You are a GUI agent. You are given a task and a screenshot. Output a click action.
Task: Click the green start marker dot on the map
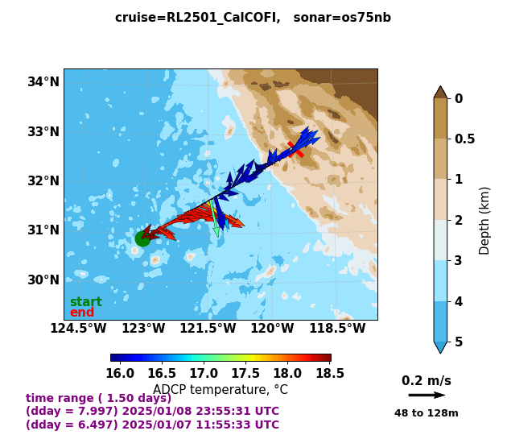coord(142,238)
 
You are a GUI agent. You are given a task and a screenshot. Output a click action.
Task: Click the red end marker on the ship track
coord(295,149)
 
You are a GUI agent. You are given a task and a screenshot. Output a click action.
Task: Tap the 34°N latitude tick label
coord(43,81)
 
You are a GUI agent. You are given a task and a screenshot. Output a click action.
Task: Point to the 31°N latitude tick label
coord(43,230)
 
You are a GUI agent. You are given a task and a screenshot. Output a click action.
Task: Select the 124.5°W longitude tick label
coord(79,329)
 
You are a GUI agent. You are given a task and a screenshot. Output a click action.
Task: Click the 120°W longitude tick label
coord(272,329)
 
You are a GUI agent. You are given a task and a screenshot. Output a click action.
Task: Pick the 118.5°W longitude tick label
coord(337,329)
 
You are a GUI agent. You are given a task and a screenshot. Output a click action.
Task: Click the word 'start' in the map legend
coord(85,302)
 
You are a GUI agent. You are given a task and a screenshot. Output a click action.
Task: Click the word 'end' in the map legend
coord(81,313)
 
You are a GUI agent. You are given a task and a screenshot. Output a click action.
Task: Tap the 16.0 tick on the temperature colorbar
coord(120,374)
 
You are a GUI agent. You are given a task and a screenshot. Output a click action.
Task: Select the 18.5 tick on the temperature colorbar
coord(330,374)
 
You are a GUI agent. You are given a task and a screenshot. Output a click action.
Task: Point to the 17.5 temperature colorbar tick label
coord(245,374)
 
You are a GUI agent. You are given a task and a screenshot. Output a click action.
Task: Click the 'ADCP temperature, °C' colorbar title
coord(220,390)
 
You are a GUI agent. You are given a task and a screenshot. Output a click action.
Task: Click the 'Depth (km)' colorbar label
coord(485,220)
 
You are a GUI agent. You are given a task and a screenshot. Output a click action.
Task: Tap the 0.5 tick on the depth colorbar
coord(464,139)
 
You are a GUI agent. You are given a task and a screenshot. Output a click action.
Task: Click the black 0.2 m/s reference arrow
coord(427,396)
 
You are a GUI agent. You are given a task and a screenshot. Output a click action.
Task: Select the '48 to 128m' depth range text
coord(426,413)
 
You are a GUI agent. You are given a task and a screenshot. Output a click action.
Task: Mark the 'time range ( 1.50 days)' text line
coord(98,398)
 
